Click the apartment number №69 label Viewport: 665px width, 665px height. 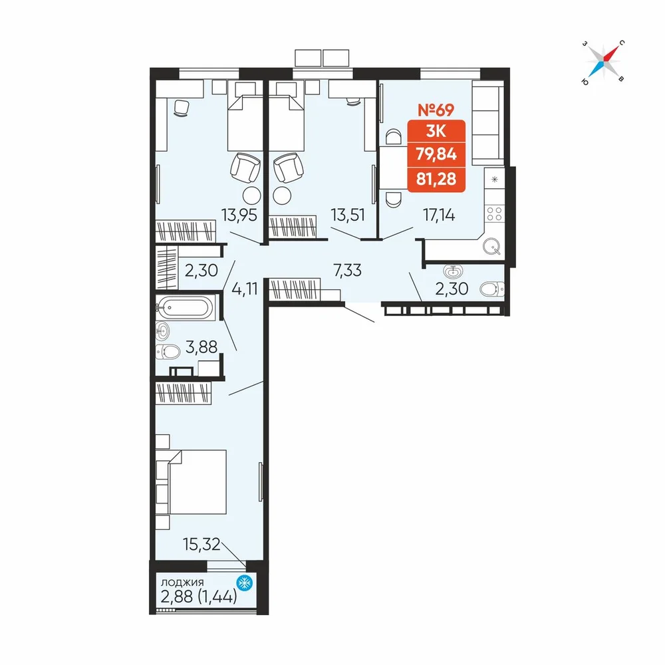[436, 110]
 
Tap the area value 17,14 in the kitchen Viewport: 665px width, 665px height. [439, 215]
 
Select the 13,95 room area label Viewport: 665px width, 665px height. [239, 215]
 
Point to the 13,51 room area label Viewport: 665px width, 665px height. [348, 215]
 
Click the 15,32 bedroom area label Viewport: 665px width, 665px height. [201, 544]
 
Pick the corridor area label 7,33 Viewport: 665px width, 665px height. [348, 270]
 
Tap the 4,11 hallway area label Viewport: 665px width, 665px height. [245, 289]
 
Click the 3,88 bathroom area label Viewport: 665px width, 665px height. [201, 347]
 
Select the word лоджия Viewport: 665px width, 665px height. [182, 583]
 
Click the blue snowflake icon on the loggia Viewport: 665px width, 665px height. [244, 583]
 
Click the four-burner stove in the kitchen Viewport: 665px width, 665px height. [494, 213]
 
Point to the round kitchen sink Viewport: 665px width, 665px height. [492, 245]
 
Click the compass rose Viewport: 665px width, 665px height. [604, 62]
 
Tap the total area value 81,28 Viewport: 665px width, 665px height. [436, 179]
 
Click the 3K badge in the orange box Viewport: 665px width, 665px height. [436, 132]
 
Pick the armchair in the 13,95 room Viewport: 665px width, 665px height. [245, 167]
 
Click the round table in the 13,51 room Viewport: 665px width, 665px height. [283, 196]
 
